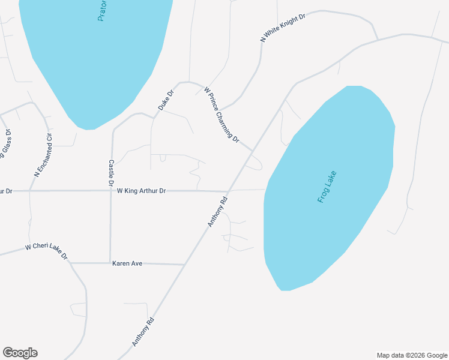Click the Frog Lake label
tap(328, 187)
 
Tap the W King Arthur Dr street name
tap(141, 191)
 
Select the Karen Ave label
tap(127, 263)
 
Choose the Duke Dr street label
tap(166, 100)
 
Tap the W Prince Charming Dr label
tap(221, 115)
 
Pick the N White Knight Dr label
tap(283, 27)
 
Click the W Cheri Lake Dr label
tap(46, 251)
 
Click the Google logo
tap(20, 353)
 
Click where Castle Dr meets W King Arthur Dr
tap(111, 191)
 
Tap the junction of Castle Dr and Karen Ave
tap(110, 263)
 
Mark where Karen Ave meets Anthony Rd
tap(183, 264)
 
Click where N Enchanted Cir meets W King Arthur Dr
tap(29, 191)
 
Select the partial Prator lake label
tap(102, 11)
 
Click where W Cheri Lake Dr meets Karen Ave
tap(71, 263)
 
